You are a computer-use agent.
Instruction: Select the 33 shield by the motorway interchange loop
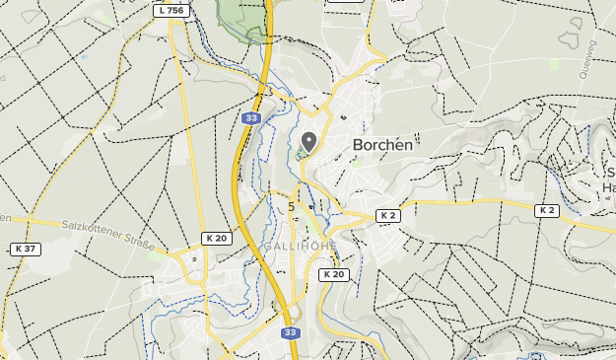click(x=290, y=333)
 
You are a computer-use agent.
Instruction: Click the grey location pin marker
click(x=308, y=142)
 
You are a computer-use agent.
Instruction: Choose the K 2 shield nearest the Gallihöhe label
click(x=388, y=215)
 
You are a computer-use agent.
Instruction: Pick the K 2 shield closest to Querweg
click(x=547, y=210)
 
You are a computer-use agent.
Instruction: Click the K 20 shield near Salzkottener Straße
click(x=216, y=239)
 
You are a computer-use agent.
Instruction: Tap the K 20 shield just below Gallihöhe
click(x=334, y=274)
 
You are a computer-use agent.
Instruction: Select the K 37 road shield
click(x=26, y=249)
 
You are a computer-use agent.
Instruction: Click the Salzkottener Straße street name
click(x=108, y=234)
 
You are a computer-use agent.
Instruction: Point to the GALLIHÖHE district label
click(x=301, y=246)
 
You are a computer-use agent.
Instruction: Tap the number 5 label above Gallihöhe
click(x=291, y=207)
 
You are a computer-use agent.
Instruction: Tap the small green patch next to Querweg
click(x=554, y=63)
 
